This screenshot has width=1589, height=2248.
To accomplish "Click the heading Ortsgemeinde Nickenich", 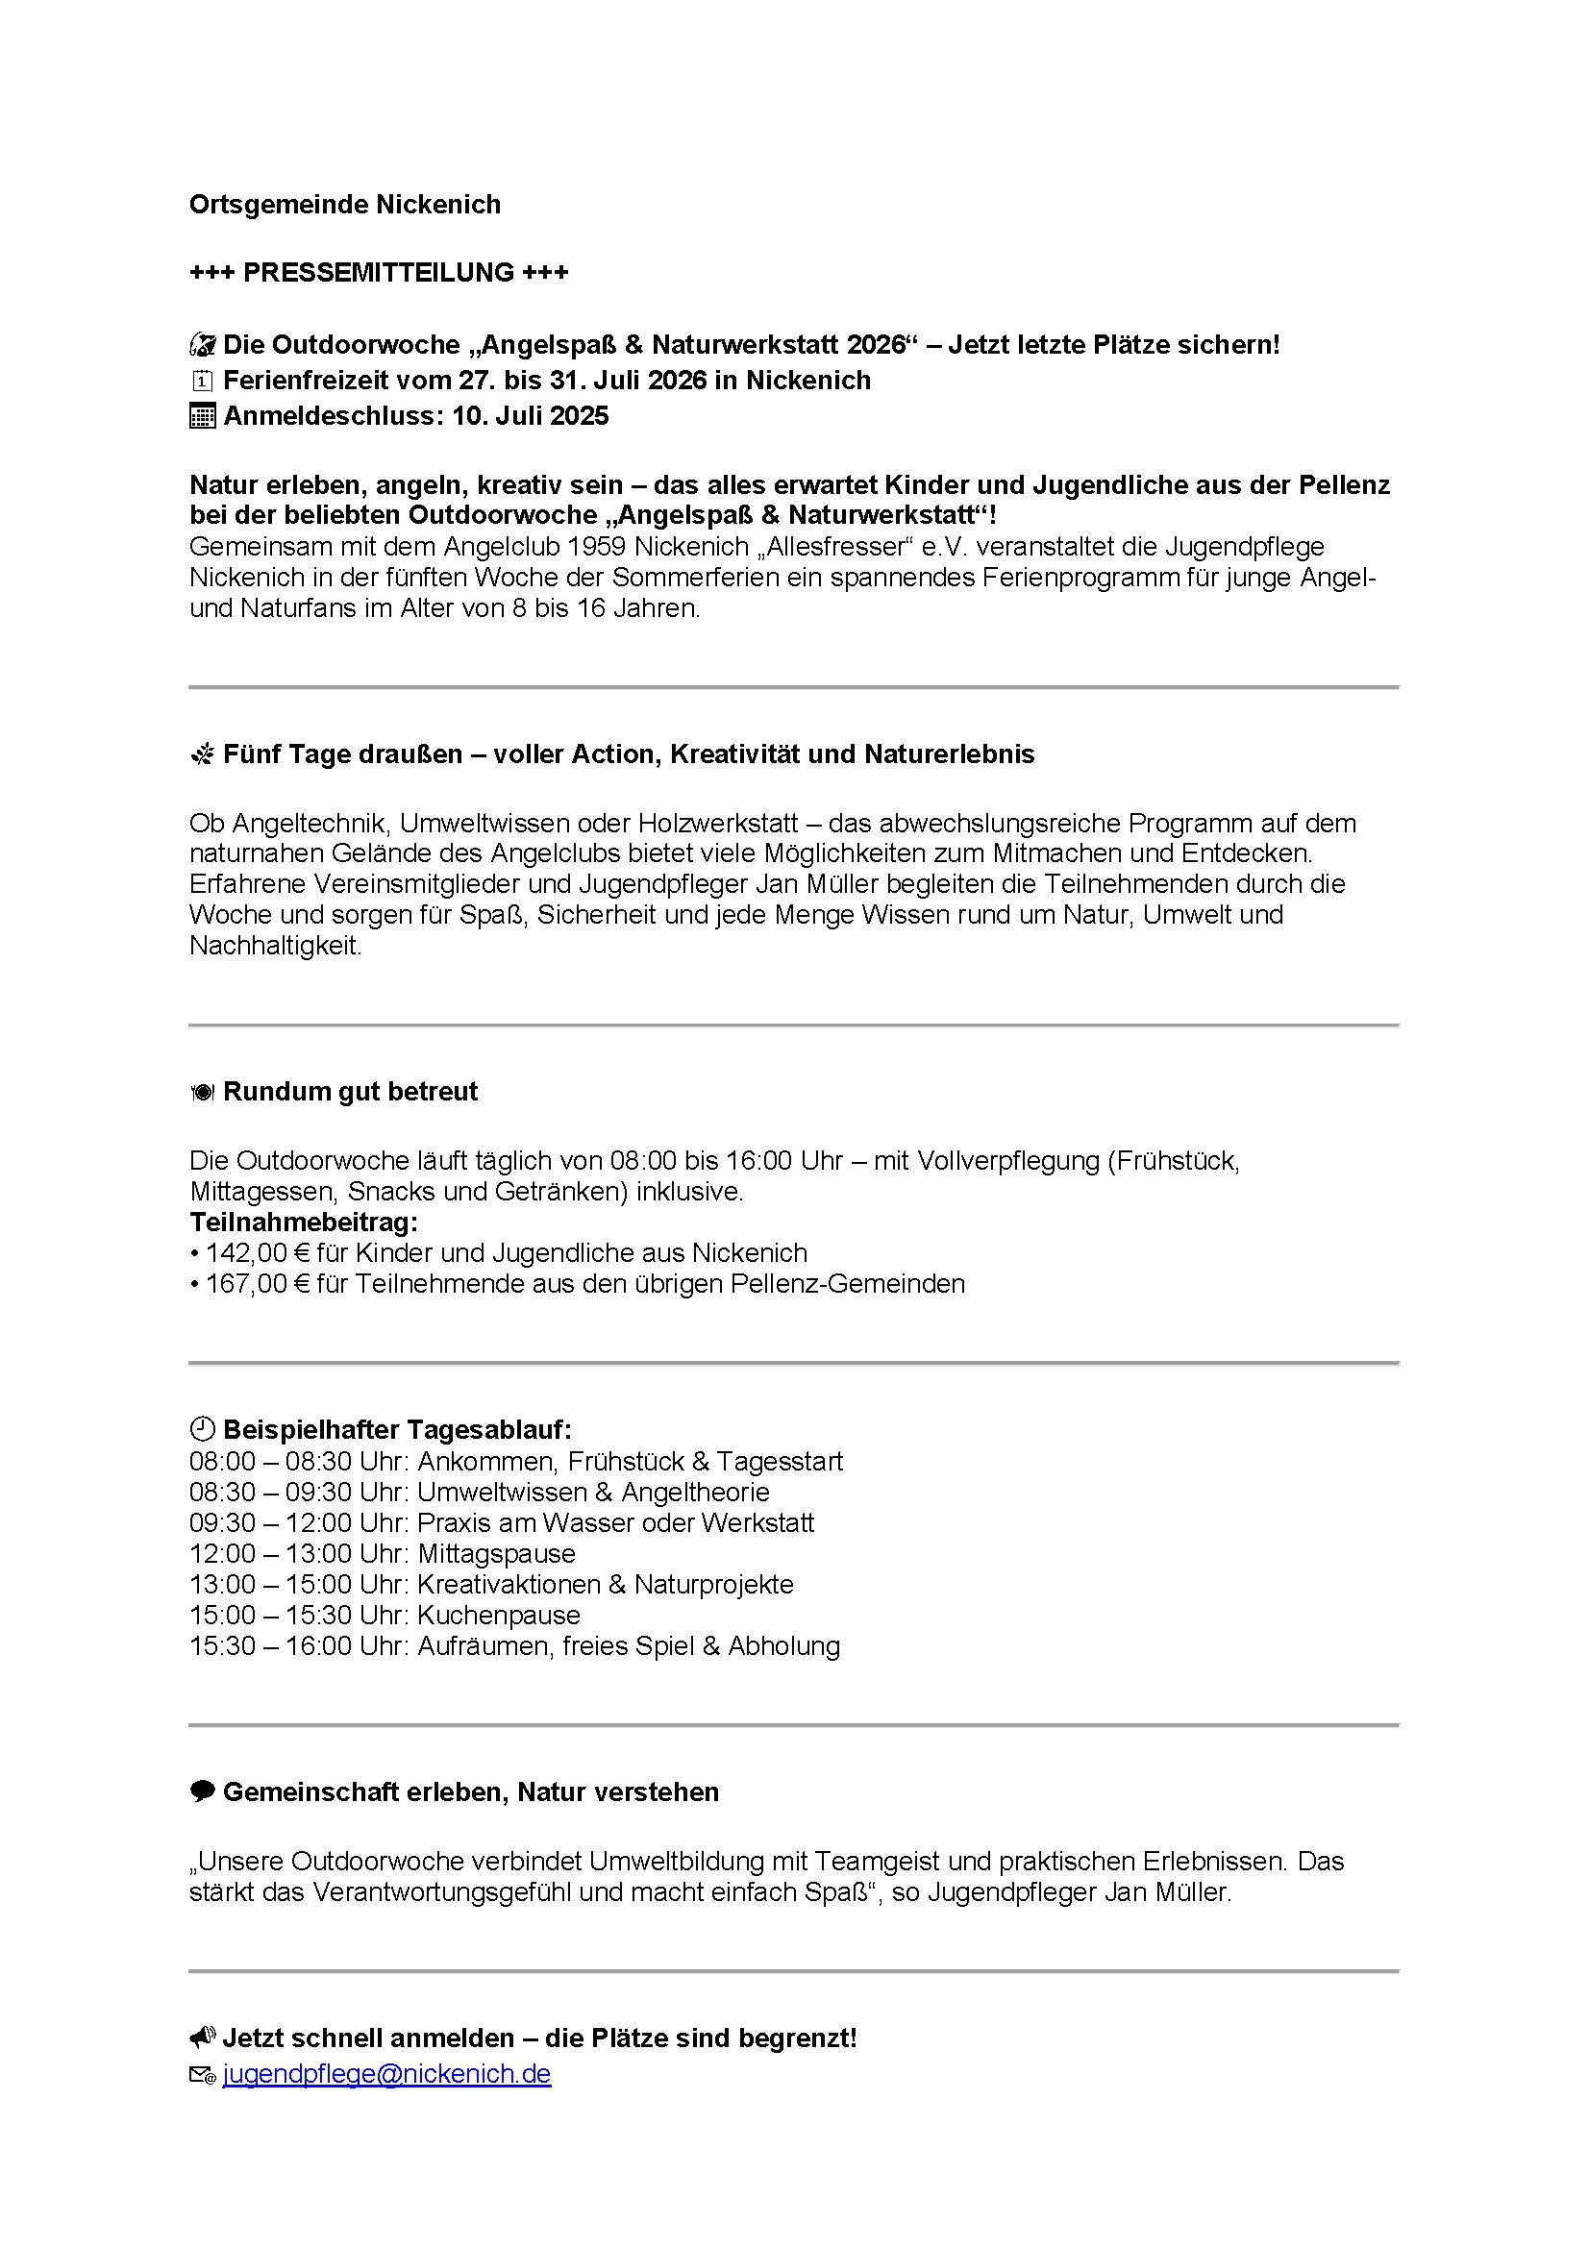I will (x=345, y=204).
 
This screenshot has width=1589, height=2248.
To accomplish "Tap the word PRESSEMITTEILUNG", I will (x=379, y=271).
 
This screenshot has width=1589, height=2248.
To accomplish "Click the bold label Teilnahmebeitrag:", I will (x=304, y=1222).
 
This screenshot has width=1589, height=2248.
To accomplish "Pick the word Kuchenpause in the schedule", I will (x=498, y=1615).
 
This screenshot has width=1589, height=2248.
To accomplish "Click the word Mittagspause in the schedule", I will (x=496, y=1553).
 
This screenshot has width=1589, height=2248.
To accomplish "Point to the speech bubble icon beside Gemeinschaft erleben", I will (x=201, y=1791).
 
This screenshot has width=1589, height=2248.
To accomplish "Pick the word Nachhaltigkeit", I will (x=275, y=946).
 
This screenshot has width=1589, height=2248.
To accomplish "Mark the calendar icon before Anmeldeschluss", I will (x=201, y=416).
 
